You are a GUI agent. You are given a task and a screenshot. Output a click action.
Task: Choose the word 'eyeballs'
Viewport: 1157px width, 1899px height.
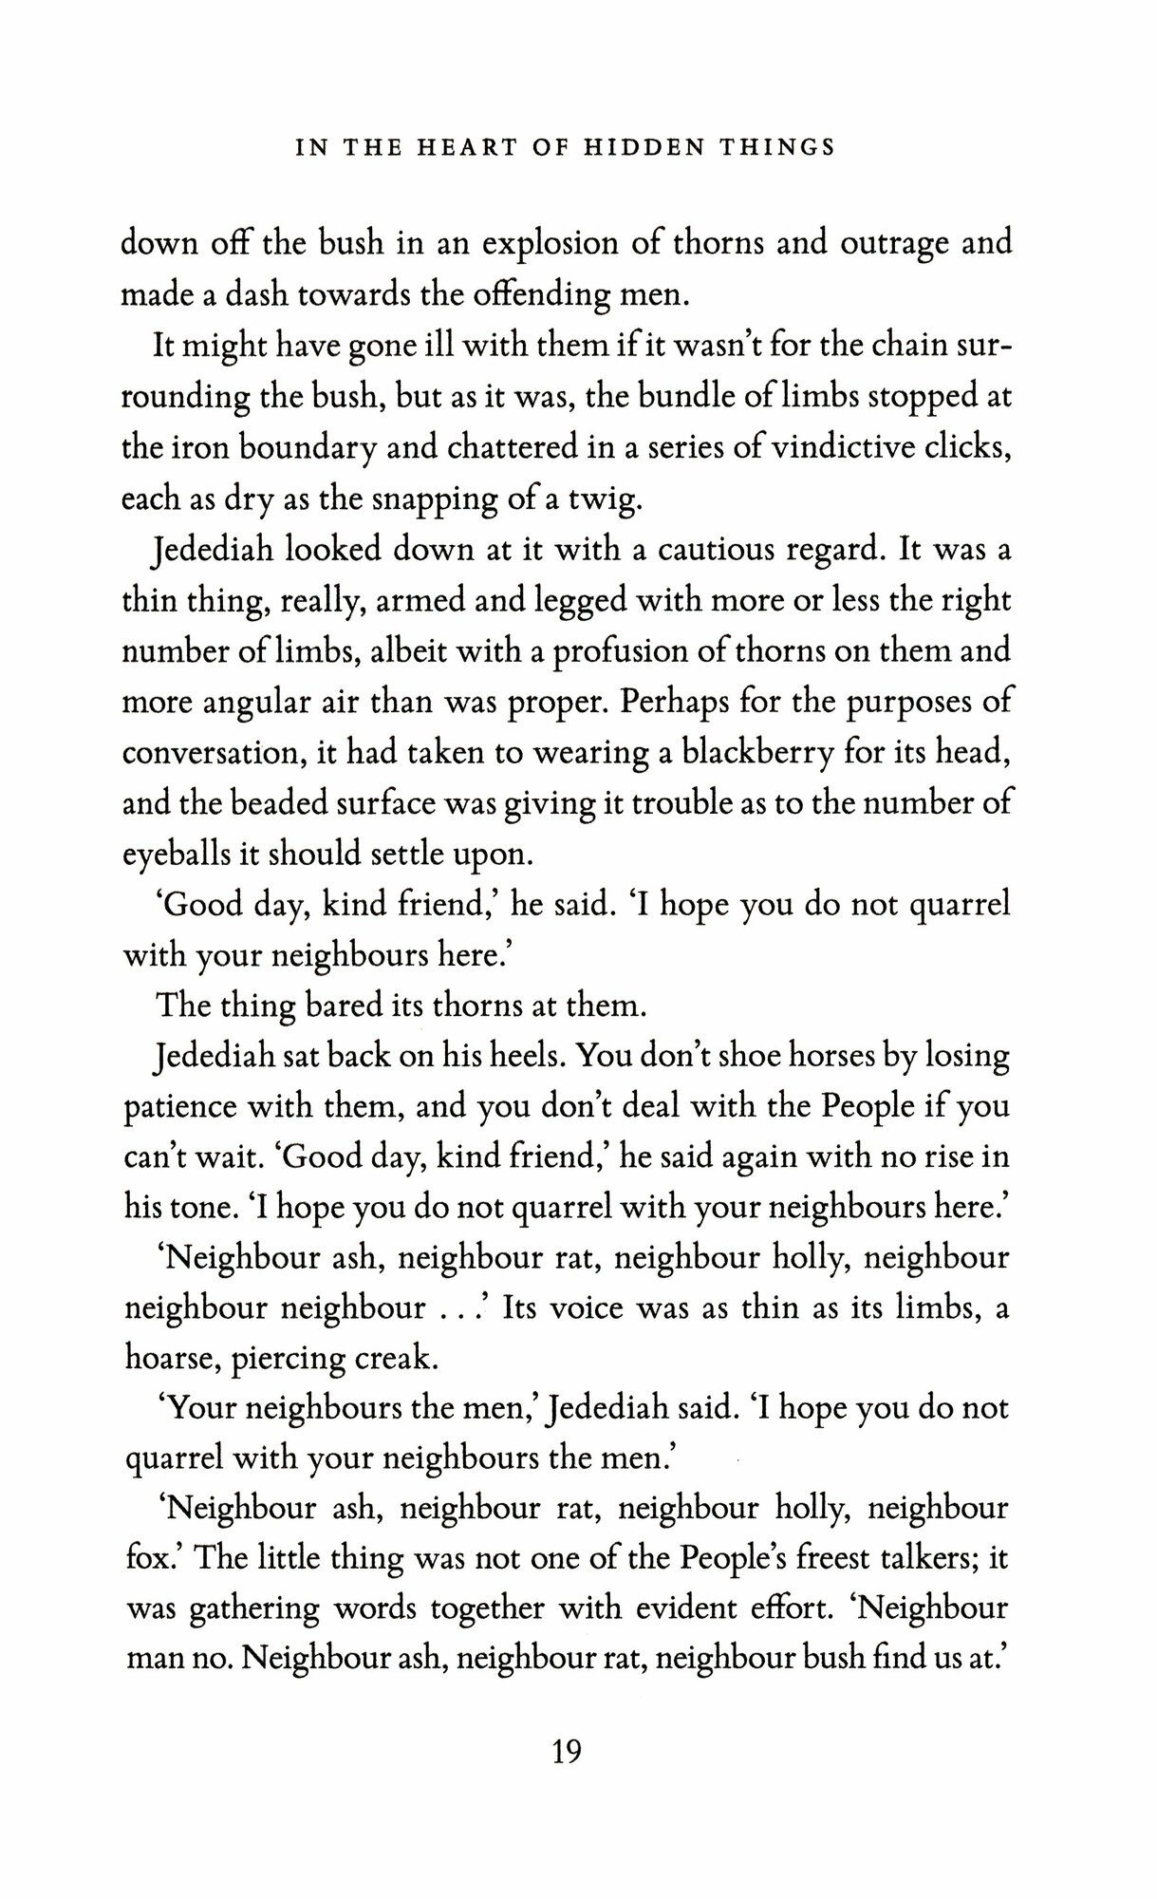tap(176, 855)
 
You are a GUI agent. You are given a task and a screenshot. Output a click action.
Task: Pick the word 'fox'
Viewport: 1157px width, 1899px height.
tap(143, 1562)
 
